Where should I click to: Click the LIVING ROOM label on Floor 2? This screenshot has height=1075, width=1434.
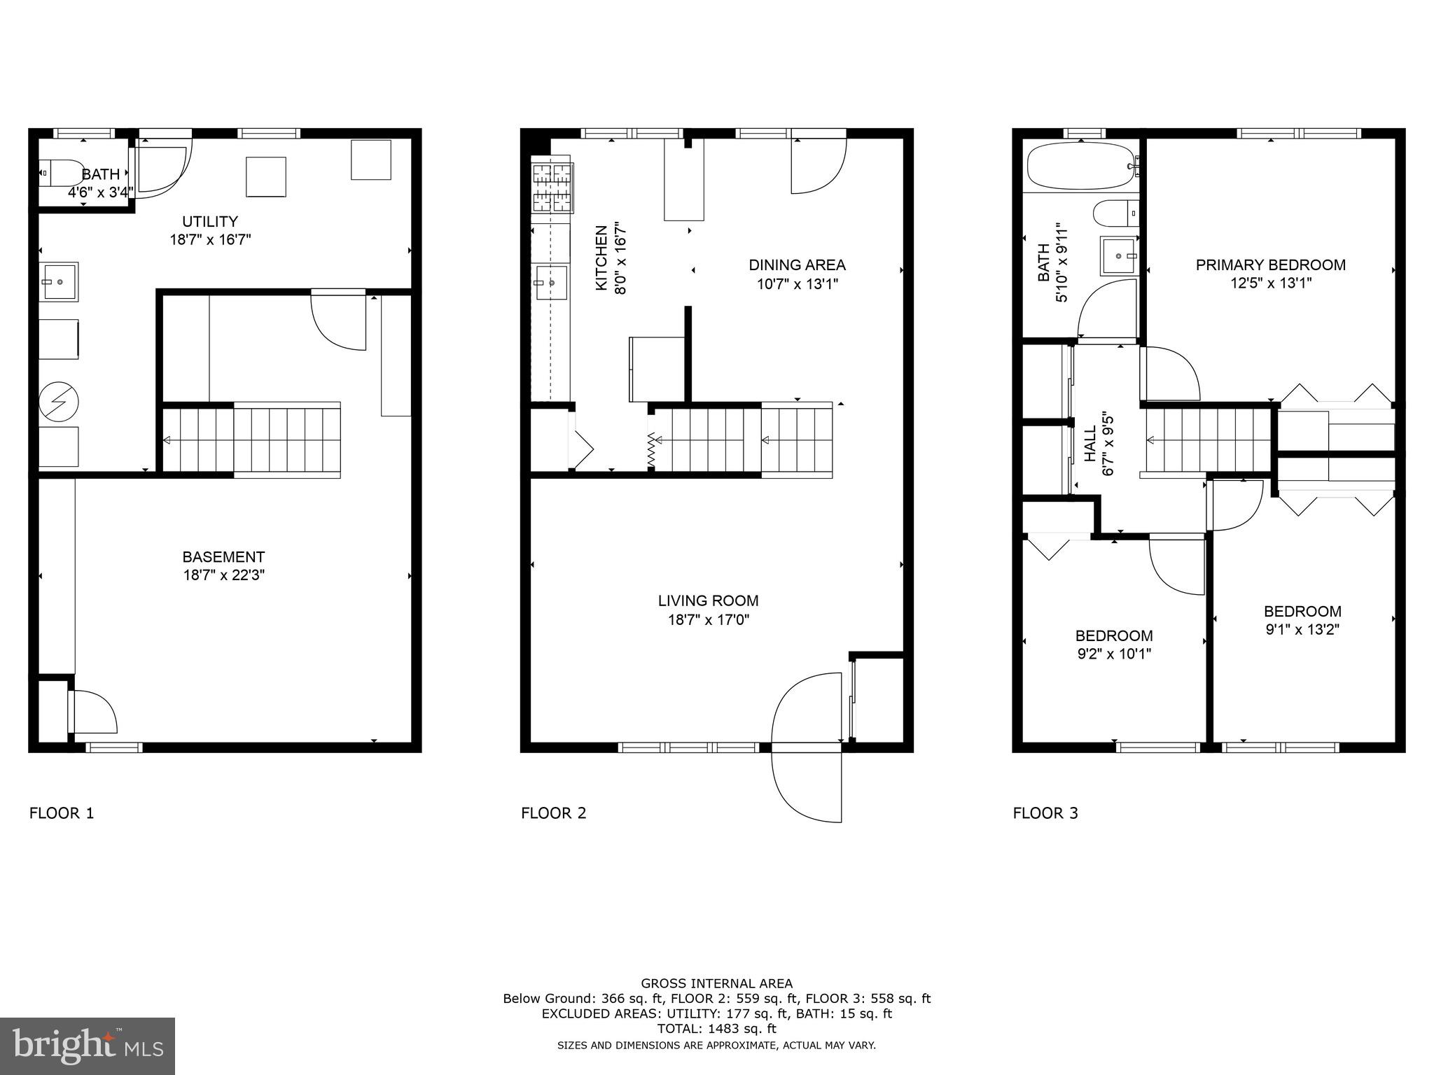[708, 600]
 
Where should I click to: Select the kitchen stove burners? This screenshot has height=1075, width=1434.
[552, 188]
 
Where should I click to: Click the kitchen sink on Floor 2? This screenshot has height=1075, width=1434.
[551, 282]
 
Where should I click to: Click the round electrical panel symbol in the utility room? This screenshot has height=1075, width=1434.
[58, 401]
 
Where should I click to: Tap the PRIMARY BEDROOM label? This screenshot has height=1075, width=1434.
[1270, 265]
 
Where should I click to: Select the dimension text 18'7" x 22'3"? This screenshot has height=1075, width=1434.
[223, 575]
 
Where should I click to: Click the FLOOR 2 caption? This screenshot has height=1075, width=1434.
[553, 813]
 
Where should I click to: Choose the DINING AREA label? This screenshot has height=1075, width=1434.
[797, 265]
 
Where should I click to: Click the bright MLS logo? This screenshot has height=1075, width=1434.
[88, 1046]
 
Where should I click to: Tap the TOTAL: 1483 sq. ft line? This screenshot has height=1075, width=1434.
[716, 1029]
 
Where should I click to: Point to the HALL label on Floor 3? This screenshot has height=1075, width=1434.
[1091, 444]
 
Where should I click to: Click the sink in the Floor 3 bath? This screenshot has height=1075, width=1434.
[1118, 256]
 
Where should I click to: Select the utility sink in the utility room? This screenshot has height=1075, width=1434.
[58, 281]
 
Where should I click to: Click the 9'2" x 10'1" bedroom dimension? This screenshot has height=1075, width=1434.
[1113, 654]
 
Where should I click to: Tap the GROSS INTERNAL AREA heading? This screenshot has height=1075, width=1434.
[716, 983]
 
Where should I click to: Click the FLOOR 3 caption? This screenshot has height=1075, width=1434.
[1045, 813]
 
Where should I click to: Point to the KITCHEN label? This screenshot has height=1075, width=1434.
[601, 258]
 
